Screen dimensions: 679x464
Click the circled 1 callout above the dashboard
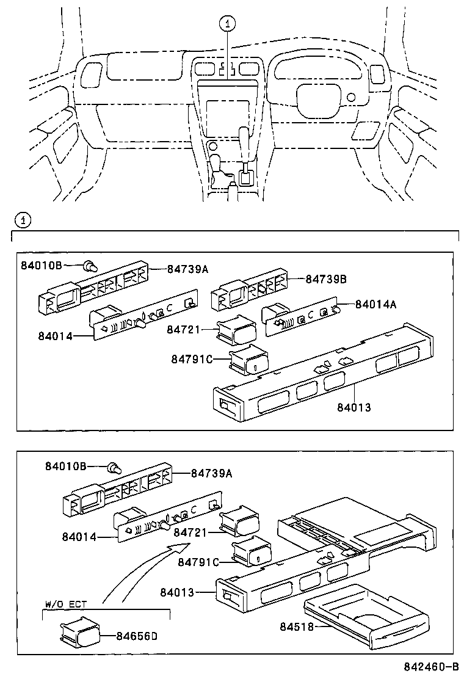click(x=227, y=24)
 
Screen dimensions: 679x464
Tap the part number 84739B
click(x=326, y=279)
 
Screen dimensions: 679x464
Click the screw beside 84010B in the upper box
click(x=92, y=266)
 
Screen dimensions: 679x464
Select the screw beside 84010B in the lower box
click(x=113, y=469)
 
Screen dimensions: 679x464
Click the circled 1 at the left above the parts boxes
click(x=21, y=219)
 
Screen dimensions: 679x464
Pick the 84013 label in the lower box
click(x=179, y=592)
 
